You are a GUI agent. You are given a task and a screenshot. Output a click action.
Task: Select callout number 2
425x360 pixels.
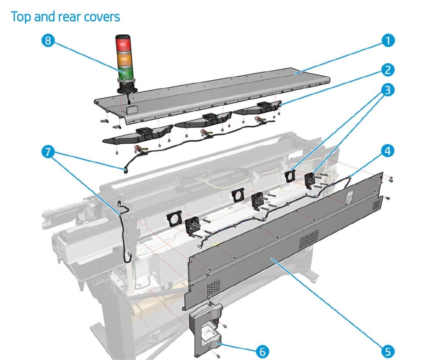coord(387,70)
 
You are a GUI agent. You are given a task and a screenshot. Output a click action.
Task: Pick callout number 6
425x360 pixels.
coord(262,351)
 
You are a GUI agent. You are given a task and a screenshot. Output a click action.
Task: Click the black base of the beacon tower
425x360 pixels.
coord(126,88)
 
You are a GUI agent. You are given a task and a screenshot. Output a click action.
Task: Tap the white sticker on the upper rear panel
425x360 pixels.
coord(349,196)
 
